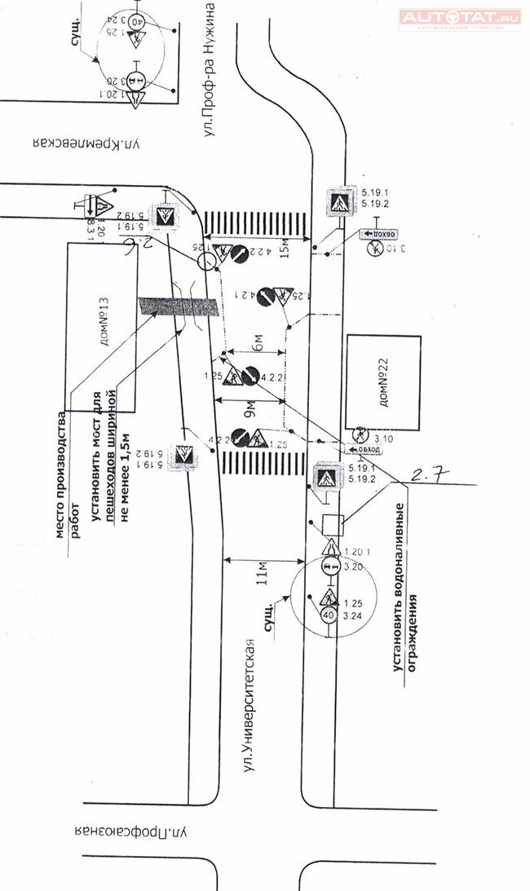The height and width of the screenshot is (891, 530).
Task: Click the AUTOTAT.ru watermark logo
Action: pos(459,17)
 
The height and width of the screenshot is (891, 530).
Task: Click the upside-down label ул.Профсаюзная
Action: pos(131,833)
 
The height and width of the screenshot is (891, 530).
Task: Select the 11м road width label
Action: pos(262,573)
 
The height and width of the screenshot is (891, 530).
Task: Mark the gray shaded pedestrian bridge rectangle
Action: pos(179,306)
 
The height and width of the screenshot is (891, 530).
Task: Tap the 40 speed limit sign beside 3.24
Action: pos(329,614)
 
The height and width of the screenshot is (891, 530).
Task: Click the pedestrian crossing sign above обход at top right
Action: pos(338,201)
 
